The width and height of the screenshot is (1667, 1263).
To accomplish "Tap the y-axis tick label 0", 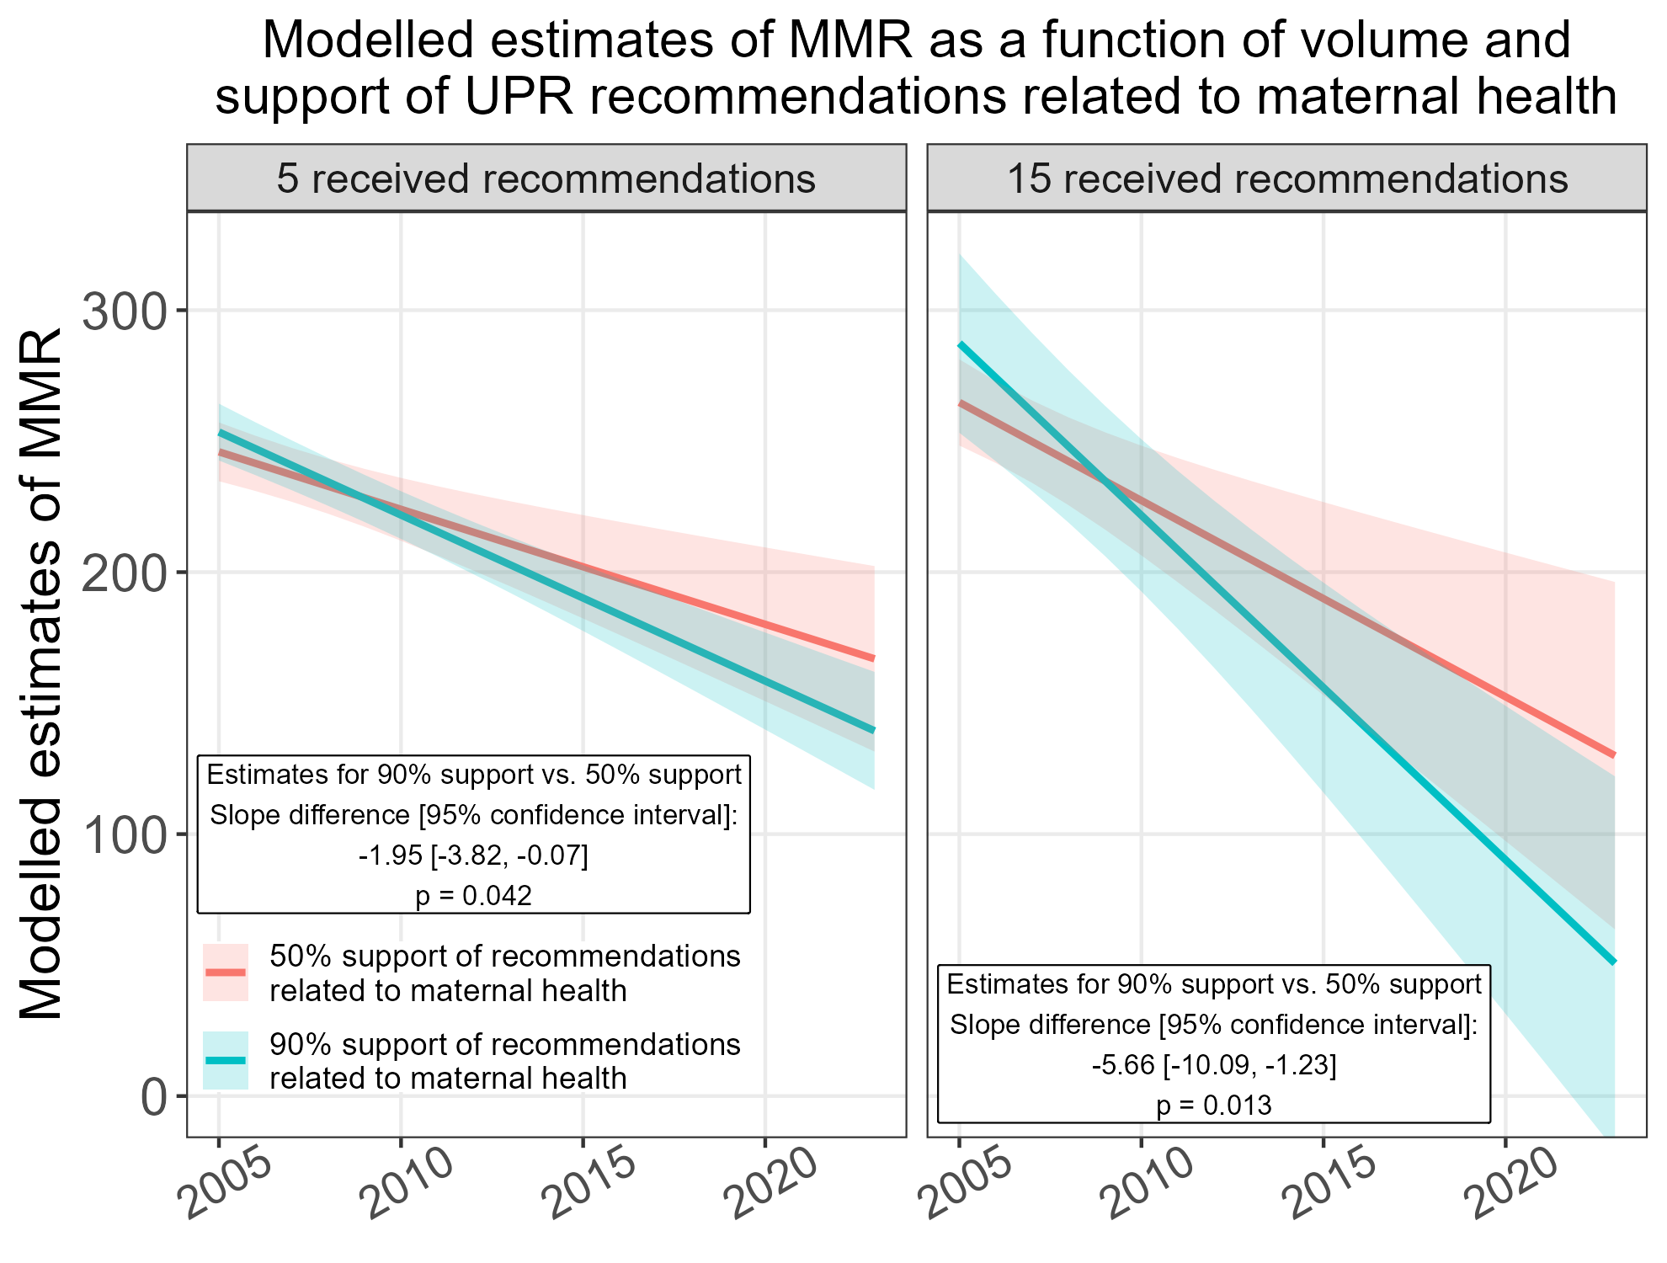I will (x=152, y=1097).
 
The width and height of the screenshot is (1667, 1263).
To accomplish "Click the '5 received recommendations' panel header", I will (x=546, y=179).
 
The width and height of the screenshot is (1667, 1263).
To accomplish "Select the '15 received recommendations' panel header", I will (x=1286, y=179).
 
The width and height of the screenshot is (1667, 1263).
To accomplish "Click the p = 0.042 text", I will (x=473, y=895).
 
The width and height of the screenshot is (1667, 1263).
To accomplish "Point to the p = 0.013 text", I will (x=1213, y=1105).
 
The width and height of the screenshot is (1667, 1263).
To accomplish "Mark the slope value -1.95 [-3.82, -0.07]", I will (x=473, y=855).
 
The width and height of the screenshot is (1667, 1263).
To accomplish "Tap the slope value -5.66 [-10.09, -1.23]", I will (x=1213, y=1065).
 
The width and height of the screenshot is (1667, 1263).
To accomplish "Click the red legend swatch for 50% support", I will (x=226, y=972).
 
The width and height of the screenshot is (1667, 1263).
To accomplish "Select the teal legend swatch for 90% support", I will (x=226, y=1060).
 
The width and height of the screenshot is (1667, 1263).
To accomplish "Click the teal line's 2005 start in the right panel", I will (x=960, y=344).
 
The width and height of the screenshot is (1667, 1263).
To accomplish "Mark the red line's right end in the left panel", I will (x=873, y=658).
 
